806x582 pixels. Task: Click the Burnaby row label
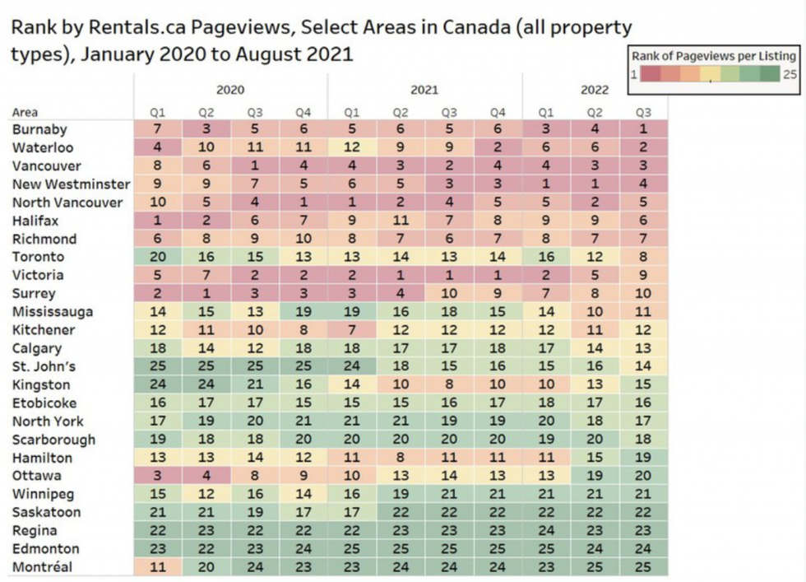(x=39, y=130)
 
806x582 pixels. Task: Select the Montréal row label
(x=42, y=567)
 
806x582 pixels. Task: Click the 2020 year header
(x=230, y=90)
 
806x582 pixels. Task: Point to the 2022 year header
(x=594, y=90)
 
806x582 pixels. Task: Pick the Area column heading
(x=25, y=112)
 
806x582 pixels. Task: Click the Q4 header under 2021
(x=497, y=112)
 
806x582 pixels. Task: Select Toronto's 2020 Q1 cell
(x=158, y=257)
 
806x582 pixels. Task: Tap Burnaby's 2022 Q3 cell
(x=643, y=130)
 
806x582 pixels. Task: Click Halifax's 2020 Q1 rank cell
(x=158, y=221)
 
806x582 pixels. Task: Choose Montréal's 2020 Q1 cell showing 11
(x=158, y=567)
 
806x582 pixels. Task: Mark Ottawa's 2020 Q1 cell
(x=158, y=476)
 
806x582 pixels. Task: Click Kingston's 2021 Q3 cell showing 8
(x=449, y=384)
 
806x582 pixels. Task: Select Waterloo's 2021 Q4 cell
(x=497, y=148)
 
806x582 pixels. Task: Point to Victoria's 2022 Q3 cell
(x=643, y=275)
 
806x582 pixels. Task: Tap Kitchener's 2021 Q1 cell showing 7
(x=352, y=330)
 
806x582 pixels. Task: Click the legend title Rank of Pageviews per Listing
(x=714, y=56)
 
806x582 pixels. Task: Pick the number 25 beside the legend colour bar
(x=790, y=74)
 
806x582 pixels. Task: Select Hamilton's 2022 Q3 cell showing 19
(x=643, y=458)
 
